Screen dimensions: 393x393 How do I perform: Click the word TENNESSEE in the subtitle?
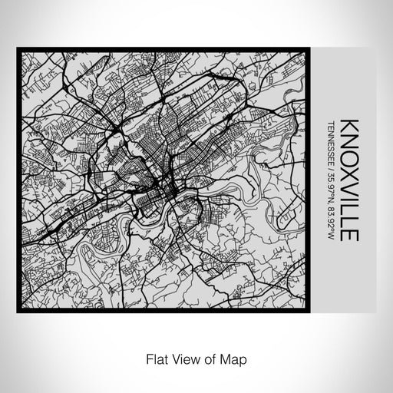(x=331, y=141)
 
